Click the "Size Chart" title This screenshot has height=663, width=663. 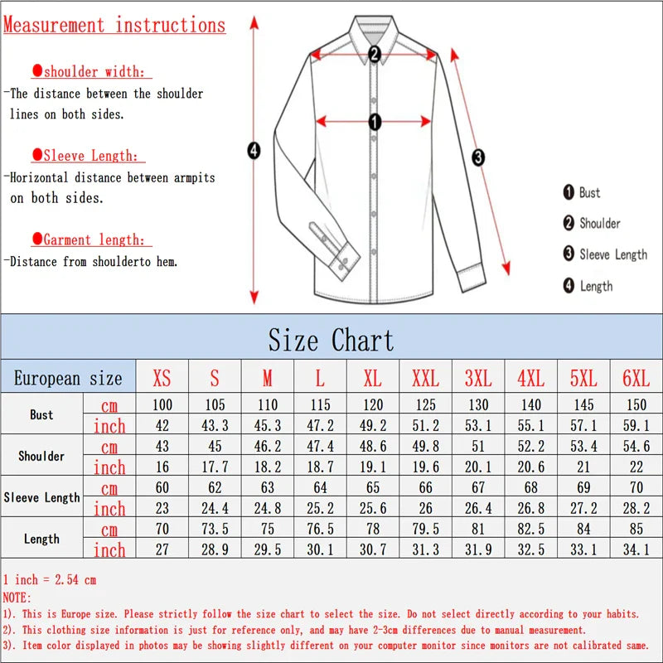point(331,340)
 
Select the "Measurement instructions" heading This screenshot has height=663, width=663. point(114,25)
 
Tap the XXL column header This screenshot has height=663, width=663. point(425,379)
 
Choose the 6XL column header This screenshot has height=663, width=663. point(636,379)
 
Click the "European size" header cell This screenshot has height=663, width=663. point(68,379)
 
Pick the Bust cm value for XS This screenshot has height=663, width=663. point(162,405)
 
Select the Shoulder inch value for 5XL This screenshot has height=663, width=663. point(583,467)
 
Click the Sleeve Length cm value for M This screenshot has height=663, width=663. point(267,488)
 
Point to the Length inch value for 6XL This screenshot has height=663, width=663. point(636,550)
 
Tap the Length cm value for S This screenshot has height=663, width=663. point(215,530)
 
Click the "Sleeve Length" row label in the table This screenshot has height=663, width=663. point(41,497)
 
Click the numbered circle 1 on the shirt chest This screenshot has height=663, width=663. point(375,123)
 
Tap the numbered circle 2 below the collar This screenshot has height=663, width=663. point(375,55)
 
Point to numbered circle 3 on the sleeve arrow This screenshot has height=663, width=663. point(478,157)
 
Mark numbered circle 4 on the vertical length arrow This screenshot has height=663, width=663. point(254,150)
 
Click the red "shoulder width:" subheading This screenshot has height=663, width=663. point(93,72)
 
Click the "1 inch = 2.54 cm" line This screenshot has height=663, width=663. point(50,579)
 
